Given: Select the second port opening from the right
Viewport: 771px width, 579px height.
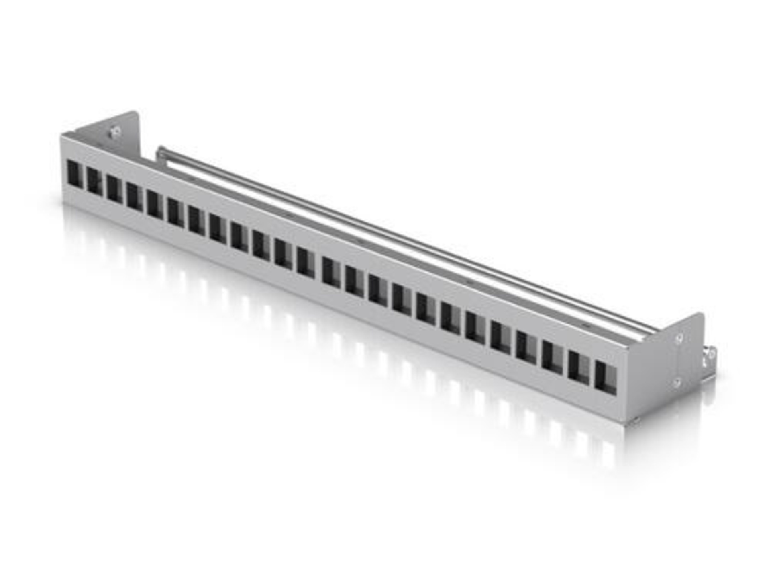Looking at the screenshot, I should (x=579, y=368).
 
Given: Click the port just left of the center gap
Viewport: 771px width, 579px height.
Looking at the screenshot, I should (x=306, y=263).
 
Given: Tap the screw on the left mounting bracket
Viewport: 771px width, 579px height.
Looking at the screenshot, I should (x=115, y=131).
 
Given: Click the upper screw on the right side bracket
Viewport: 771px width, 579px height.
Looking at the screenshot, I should (x=679, y=339).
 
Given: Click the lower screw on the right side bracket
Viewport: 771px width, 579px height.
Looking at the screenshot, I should (x=677, y=382).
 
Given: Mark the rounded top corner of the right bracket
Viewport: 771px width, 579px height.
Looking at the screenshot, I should (x=701, y=315).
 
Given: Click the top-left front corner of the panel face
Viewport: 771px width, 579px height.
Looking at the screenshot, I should (x=62, y=136).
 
